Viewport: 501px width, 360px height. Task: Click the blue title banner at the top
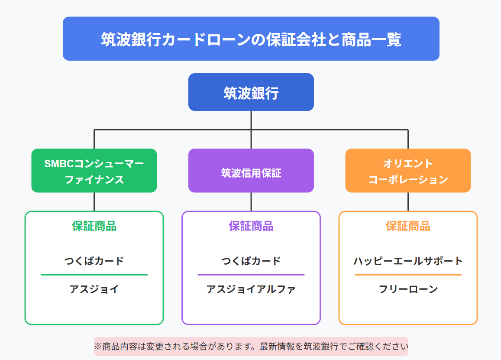(x=251, y=39)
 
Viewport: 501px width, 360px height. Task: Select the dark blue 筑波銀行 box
(x=251, y=92)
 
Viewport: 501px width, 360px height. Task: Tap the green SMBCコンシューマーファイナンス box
(x=94, y=170)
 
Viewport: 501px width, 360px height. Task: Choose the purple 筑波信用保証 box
(x=251, y=170)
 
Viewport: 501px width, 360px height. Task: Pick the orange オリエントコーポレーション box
(x=408, y=170)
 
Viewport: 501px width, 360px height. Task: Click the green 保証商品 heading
(x=94, y=226)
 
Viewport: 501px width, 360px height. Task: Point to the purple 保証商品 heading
(x=251, y=226)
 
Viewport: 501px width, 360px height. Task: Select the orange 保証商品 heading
(x=408, y=226)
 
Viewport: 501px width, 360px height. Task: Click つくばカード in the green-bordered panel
(x=94, y=261)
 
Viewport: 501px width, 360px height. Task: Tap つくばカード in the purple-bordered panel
(x=251, y=261)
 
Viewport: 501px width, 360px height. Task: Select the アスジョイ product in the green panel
(x=94, y=289)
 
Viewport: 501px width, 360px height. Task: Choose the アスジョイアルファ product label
(x=251, y=289)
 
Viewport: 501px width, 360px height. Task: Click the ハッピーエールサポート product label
(x=408, y=261)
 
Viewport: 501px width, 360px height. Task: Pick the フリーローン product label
(x=408, y=289)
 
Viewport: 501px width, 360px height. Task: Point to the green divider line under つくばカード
(x=94, y=275)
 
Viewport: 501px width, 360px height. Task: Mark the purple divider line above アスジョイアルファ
(x=251, y=275)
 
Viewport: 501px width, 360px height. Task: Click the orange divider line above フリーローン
(x=408, y=275)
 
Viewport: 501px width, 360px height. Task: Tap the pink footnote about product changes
(x=251, y=346)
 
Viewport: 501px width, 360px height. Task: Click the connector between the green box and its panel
(x=94, y=202)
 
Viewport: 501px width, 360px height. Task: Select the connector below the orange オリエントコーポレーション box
(x=408, y=202)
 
